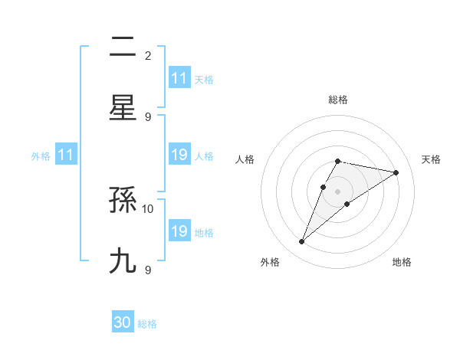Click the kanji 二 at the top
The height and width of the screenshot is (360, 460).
(x=123, y=47)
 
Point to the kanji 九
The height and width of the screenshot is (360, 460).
(x=123, y=261)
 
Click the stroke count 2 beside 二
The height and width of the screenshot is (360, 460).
(x=148, y=55)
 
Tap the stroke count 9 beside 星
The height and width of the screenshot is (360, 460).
(x=148, y=116)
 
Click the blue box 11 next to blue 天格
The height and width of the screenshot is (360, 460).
(x=179, y=78)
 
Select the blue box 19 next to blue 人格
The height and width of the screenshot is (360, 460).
(x=179, y=155)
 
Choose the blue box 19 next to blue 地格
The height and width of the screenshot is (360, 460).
(x=179, y=231)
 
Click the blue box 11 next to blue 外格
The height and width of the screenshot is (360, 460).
(x=66, y=155)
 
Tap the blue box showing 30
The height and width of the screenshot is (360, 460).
(x=123, y=322)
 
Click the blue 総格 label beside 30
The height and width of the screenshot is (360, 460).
(x=147, y=324)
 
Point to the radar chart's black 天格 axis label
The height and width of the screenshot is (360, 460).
(x=432, y=159)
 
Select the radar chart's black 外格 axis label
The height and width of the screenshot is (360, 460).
(x=270, y=262)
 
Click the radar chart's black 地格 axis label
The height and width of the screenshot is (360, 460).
(x=402, y=262)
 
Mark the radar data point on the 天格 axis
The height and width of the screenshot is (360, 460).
(x=396, y=173)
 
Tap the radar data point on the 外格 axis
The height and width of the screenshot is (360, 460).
(x=302, y=242)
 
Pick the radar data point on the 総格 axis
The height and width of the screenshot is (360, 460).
(x=337, y=161)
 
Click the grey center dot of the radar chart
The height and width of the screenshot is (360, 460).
(x=337, y=191)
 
